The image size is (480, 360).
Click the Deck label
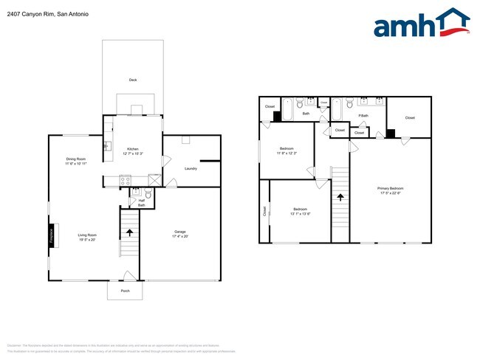coord(133,80)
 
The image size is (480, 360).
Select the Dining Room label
coord(76,159)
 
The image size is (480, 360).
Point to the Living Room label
coord(88,235)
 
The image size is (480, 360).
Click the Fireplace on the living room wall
coord(52,234)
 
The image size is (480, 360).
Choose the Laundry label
coord(191,168)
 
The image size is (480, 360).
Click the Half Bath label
coord(141,202)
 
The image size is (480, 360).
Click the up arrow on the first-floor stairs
coord(130,232)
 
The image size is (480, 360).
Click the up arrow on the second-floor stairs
coord(340,197)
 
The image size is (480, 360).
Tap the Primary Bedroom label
coord(391,189)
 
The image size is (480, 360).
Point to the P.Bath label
coord(363,116)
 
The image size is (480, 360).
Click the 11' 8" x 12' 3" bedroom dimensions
coord(287,153)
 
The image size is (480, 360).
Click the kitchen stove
coord(125,179)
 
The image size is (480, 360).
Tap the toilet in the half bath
coord(148,194)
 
